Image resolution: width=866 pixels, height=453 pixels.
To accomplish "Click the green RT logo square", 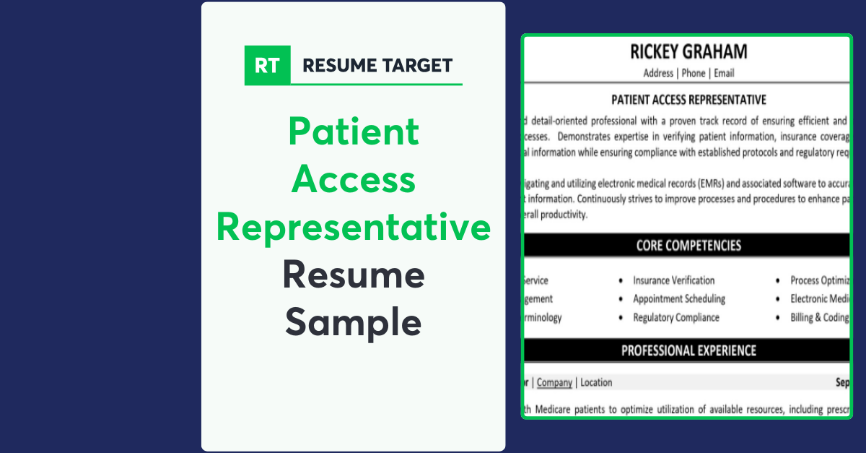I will pyautogui.click(x=268, y=65).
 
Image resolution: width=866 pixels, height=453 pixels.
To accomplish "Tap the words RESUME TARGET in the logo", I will pyautogui.click(x=377, y=66).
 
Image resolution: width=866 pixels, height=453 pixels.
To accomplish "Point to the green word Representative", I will pyautogui.click(x=354, y=227).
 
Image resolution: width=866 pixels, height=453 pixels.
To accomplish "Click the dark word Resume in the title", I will pyautogui.click(x=354, y=275).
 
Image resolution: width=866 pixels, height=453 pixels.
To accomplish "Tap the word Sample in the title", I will pyautogui.click(x=354, y=322).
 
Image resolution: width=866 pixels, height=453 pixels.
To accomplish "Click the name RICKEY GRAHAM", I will pyautogui.click(x=688, y=52).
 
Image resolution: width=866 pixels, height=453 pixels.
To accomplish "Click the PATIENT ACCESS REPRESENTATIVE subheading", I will pyautogui.click(x=688, y=100).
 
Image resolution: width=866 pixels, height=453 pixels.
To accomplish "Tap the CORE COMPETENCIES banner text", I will pyautogui.click(x=688, y=246).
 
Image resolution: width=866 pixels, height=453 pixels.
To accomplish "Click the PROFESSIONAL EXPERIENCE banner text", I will pyautogui.click(x=688, y=350).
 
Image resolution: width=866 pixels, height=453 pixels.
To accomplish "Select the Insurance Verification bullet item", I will pyautogui.click(x=673, y=280).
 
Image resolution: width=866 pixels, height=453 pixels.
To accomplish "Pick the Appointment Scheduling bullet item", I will pyautogui.click(x=679, y=298).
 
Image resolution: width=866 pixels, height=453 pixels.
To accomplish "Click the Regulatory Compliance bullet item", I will pyautogui.click(x=676, y=317).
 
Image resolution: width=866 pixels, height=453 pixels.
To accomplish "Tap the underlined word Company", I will pyautogui.click(x=554, y=382).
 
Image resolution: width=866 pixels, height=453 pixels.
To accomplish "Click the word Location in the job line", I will pyautogui.click(x=596, y=382).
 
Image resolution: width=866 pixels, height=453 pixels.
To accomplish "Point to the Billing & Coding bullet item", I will pyautogui.click(x=820, y=317).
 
